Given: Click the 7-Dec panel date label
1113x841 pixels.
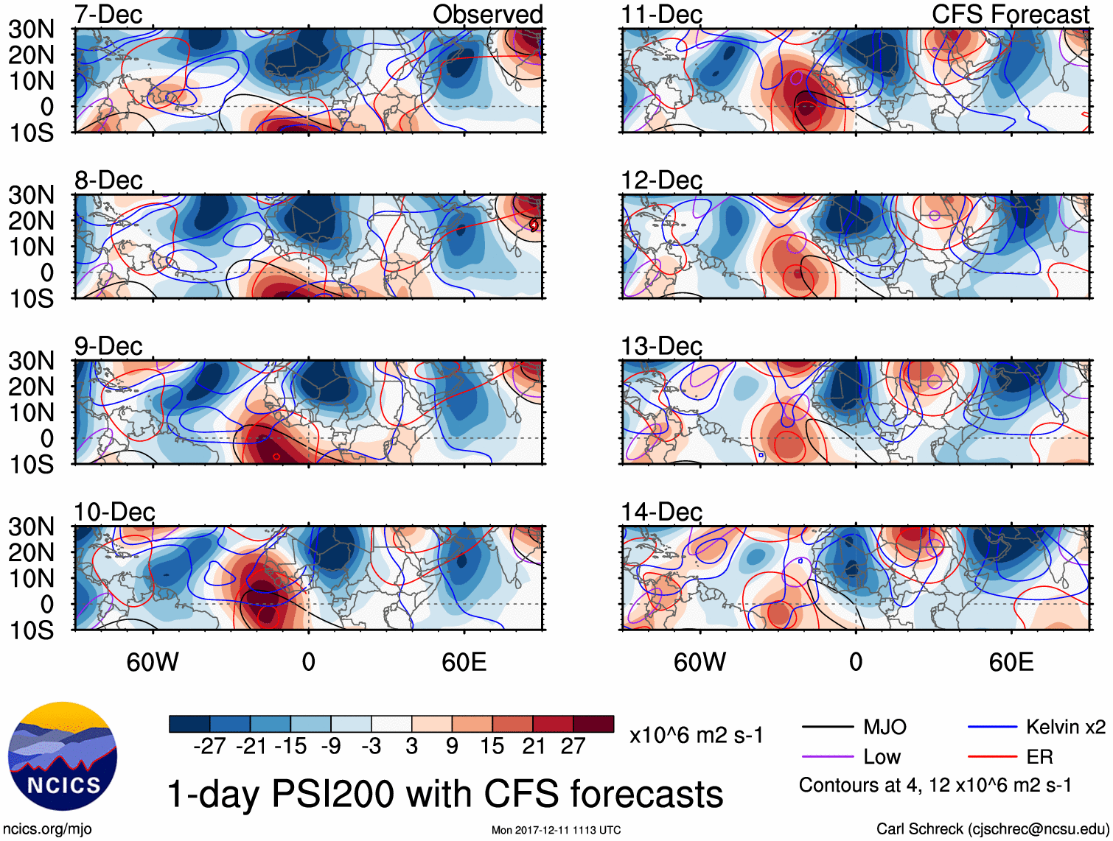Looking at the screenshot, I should coord(108,14).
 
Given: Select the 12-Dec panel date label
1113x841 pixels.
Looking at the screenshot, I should coord(661,180).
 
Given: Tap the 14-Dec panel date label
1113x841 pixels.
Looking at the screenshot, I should coord(661,511).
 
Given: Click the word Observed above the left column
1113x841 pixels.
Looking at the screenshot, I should coord(487,14).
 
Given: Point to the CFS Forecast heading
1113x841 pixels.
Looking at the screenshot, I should coord(1010,14).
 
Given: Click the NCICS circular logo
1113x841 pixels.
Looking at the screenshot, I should coord(63,756).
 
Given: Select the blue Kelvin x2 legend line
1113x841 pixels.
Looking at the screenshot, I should coord(992,728).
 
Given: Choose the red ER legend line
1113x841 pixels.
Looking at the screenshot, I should coord(992,756).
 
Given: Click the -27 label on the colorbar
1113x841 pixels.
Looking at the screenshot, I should coord(209,746).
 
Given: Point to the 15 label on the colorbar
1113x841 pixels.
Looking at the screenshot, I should coord(492,746).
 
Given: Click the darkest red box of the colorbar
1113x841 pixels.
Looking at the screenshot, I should coord(593,724).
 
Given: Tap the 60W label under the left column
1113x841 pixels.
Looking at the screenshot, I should coord(153,662).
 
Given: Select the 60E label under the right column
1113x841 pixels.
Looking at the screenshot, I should coord(1011,662).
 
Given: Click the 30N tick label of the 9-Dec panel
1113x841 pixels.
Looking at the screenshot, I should coord(31,361).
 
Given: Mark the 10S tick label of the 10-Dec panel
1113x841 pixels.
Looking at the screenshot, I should coord(31,630).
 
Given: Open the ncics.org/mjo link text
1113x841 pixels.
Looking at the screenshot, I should coord(47,829).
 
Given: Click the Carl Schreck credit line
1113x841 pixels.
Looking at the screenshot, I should coord(991,829).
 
